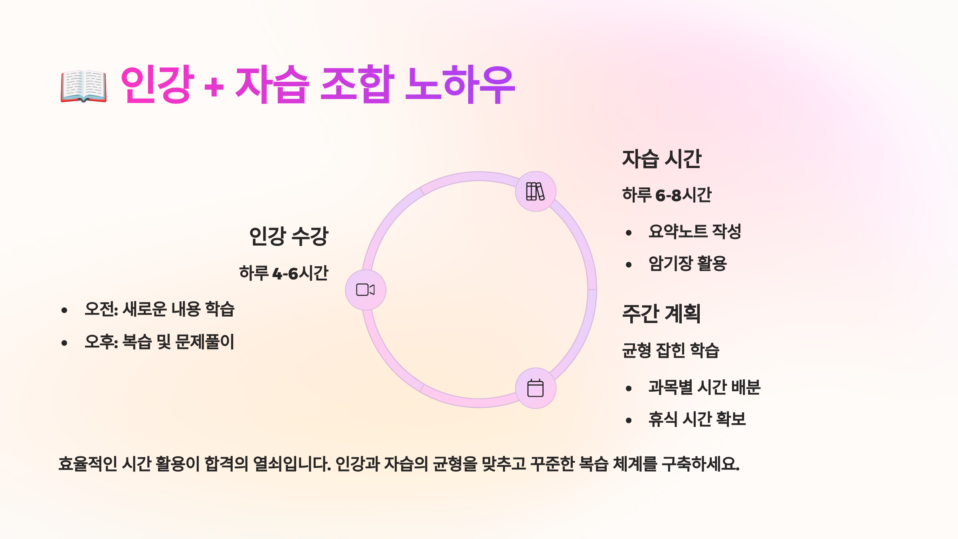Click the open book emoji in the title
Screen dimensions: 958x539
click(84, 86)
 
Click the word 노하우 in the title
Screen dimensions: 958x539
click(460, 85)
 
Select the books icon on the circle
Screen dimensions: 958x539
click(535, 191)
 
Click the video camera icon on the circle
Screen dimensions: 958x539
click(365, 290)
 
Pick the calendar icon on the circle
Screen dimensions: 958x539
click(535, 388)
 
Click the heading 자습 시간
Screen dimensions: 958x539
click(661, 159)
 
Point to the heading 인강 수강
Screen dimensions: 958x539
click(288, 236)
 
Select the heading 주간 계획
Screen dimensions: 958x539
click(661, 313)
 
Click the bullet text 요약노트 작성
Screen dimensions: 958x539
click(695, 232)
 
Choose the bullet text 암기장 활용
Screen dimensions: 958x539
click(687, 264)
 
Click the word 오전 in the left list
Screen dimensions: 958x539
click(99, 309)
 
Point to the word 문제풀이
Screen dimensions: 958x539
click(205, 342)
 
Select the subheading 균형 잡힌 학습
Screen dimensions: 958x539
click(671, 351)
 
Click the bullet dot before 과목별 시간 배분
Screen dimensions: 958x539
click(629, 388)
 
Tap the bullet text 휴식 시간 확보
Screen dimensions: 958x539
click(697, 419)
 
